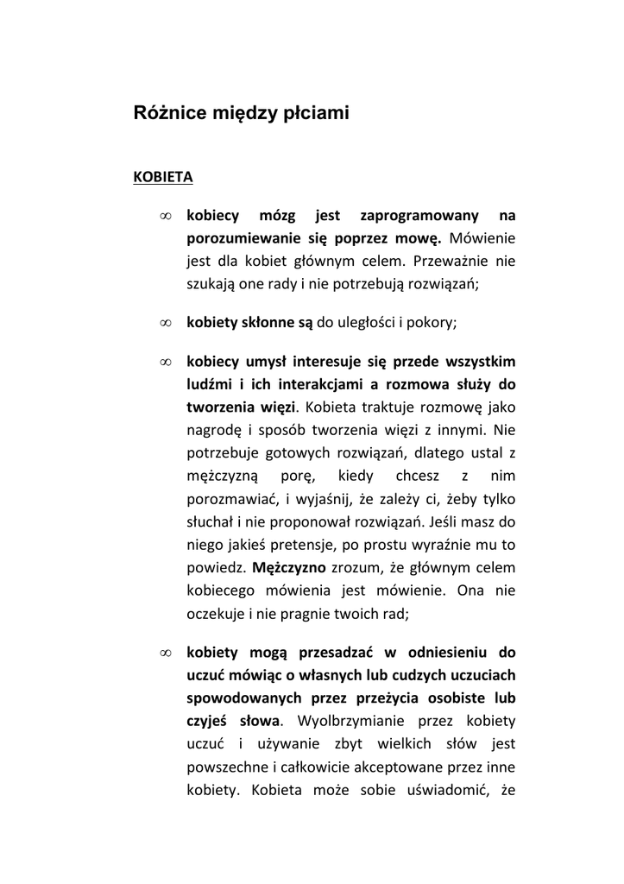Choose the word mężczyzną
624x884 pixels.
[220, 475]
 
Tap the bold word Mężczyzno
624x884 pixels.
[289, 567]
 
